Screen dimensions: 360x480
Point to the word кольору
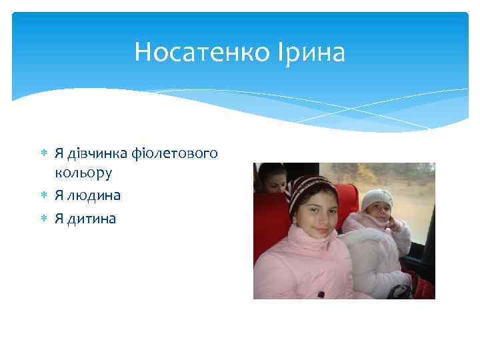click(83, 173)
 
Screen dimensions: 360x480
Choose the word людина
click(93, 195)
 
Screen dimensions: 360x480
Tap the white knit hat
click(377, 198)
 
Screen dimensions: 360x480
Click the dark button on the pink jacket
click(321, 294)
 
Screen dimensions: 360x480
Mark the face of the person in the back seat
click(272, 179)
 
